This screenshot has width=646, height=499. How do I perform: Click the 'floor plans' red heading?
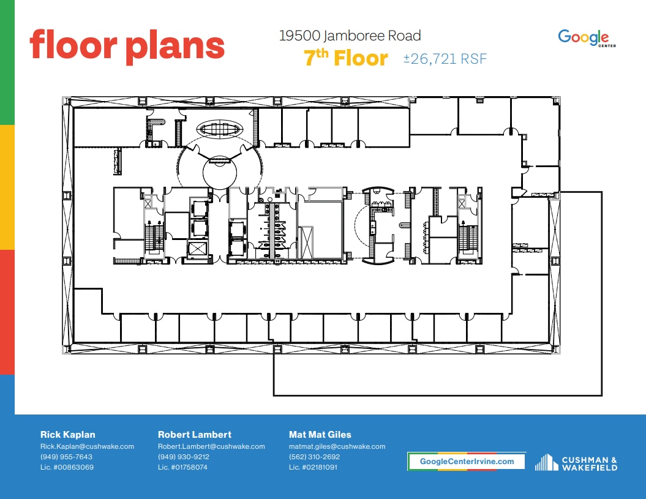click(x=127, y=46)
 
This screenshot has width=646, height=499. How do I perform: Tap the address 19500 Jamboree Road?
click(x=350, y=36)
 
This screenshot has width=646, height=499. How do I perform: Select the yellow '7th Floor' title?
click(x=346, y=59)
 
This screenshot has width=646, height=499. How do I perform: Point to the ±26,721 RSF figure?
click(x=445, y=59)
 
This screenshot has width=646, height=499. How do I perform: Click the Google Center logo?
click(x=583, y=39)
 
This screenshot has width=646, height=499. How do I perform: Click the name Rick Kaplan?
click(x=67, y=435)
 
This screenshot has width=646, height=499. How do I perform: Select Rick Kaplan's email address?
click(x=87, y=446)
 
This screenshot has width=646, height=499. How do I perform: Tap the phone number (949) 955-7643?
click(x=66, y=457)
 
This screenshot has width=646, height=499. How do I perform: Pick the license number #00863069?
click(x=67, y=467)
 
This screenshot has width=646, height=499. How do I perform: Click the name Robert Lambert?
click(x=195, y=435)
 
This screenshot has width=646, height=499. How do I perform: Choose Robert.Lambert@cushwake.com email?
click(x=211, y=446)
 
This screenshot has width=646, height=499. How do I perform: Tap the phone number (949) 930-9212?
click(x=184, y=457)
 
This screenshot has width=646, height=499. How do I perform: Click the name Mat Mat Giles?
click(x=320, y=435)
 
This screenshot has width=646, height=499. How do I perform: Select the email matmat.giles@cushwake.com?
click(x=337, y=446)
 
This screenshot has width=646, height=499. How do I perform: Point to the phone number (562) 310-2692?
click(x=314, y=457)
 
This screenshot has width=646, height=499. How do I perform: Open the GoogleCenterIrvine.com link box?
click(x=467, y=461)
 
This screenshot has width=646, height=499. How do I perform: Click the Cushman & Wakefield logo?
click(x=576, y=463)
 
